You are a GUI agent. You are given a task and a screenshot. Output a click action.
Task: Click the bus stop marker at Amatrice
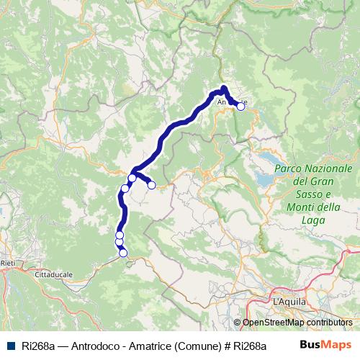[241, 106]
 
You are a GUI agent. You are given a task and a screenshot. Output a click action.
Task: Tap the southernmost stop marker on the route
[123, 253]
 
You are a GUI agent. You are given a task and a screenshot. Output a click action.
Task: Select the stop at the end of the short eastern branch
[152, 185]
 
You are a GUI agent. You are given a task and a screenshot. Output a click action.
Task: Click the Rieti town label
[8, 264]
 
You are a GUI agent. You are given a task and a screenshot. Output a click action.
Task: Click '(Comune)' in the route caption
[197, 346]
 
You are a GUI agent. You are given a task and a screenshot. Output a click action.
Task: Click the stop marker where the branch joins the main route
[132, 178]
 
